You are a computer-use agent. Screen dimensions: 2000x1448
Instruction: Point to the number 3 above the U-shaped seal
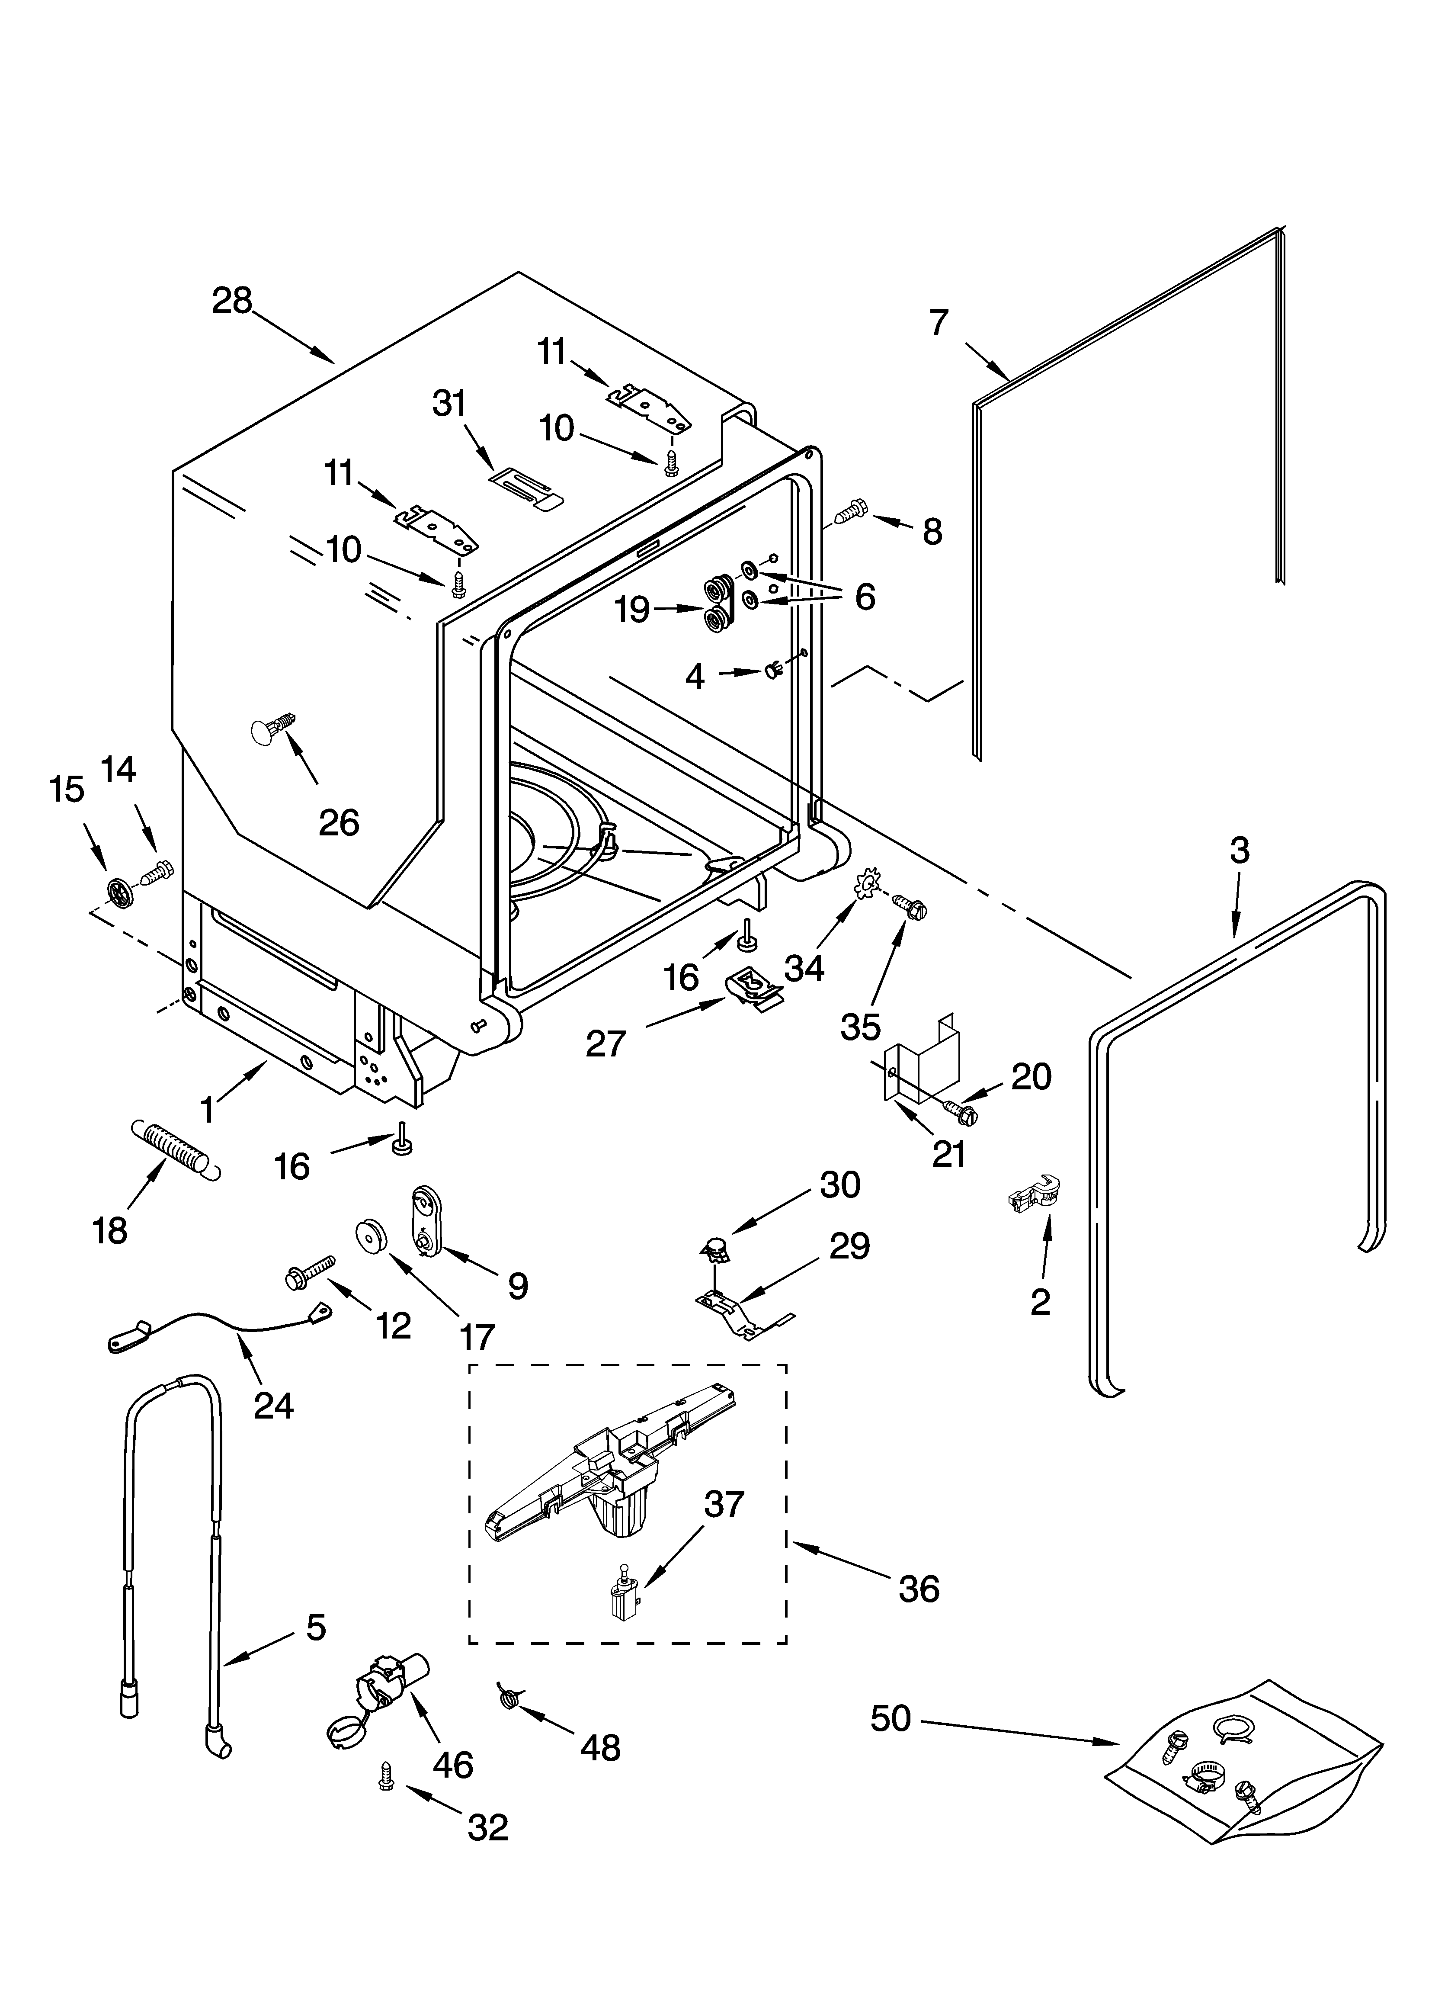tap(1239, 850)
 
